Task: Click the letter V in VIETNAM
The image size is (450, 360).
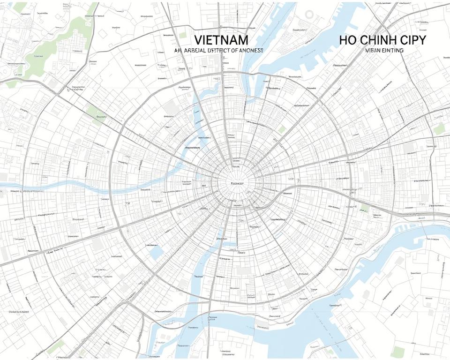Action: [197, 40]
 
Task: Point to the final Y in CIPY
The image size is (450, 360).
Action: [422, 40]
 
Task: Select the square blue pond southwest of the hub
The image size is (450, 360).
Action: [157, 252]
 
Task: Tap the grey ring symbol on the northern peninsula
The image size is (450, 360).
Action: [309, 14]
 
